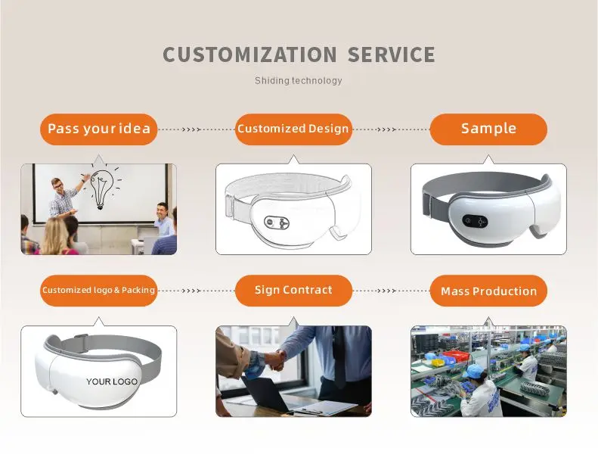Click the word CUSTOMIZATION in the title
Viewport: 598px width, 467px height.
[x=249, y=54]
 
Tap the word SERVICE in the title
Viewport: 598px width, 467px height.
[x=392, y=54]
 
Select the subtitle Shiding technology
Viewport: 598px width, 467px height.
[x=298, y=80]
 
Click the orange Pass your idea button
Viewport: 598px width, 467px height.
[x=99, y=129]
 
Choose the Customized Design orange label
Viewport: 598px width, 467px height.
[x=293, y=129]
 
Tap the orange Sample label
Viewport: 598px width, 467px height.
[x=488, y=129]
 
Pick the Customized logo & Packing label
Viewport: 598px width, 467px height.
[x=99, y=291]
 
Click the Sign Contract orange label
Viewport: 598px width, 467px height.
[x=293, y=291]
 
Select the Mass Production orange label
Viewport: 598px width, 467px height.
[x=488, y=291]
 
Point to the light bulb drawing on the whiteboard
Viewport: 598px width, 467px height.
[x=102, y=186]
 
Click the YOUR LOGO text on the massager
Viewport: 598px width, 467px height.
[x=112, y=381]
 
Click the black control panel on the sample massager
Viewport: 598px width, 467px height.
[x=475, y=221]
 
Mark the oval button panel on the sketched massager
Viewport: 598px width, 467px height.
[x=277, y=222]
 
